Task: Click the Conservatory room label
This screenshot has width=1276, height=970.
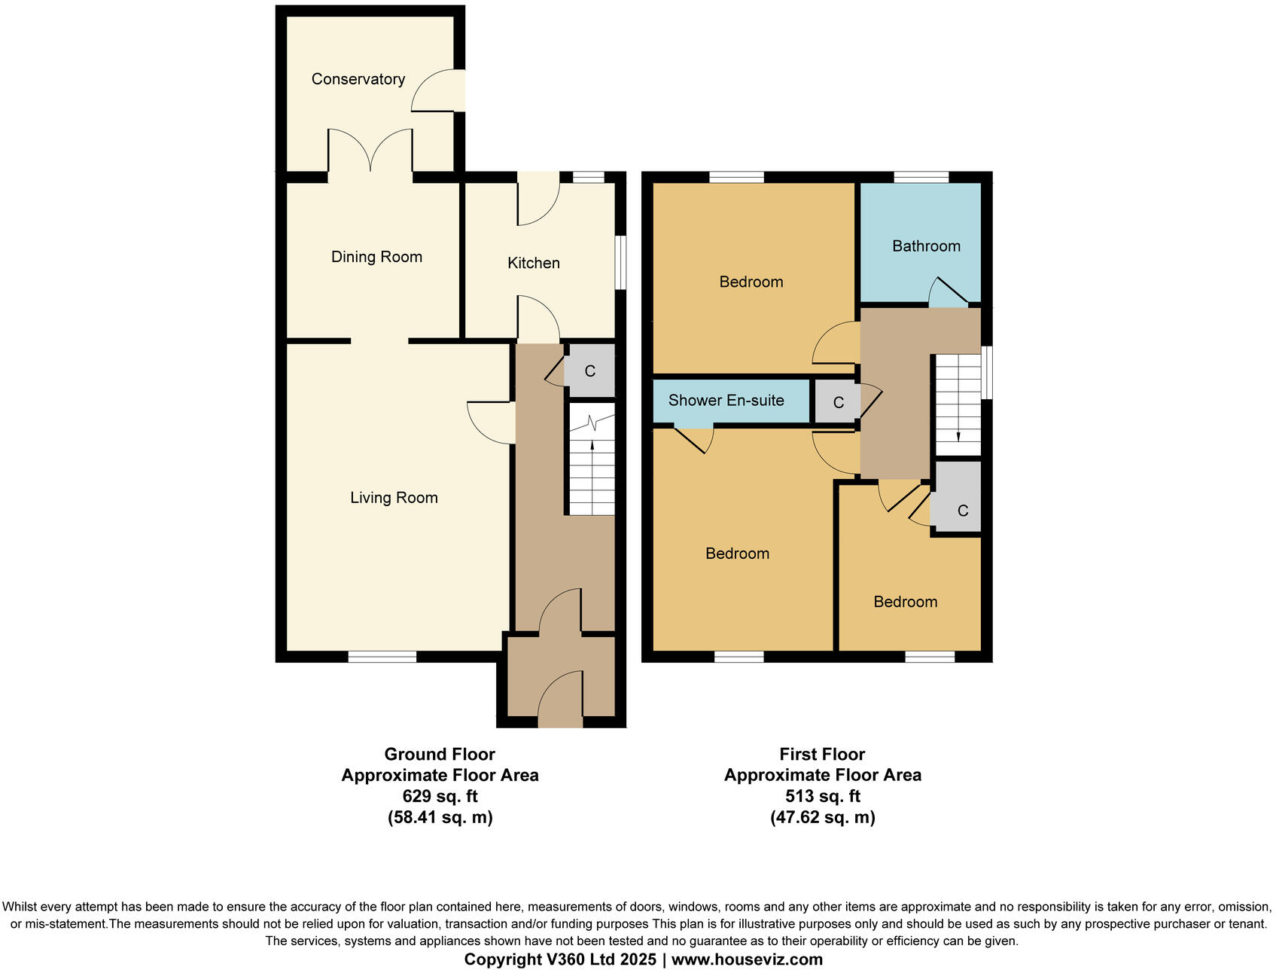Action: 358,79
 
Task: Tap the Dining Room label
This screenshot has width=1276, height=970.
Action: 376,257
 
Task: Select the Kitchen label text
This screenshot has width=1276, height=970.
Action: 533,263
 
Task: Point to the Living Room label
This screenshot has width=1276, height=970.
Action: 394,498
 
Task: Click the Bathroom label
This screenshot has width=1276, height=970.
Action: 926,246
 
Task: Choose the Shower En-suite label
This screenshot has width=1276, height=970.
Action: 726,401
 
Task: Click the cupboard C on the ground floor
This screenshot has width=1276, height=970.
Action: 590,371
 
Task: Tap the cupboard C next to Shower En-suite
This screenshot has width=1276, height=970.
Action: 838,403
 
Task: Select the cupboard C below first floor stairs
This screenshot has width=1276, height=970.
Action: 961,511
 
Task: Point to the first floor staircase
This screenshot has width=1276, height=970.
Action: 958,405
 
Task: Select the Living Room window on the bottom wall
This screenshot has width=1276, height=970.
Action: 382,657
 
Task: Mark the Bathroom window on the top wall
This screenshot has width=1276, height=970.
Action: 921,178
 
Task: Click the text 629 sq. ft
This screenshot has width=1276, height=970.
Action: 440,796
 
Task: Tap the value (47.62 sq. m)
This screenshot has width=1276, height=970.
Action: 822,817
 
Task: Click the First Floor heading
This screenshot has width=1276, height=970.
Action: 822,754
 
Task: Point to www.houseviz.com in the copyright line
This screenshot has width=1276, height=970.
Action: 746,959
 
